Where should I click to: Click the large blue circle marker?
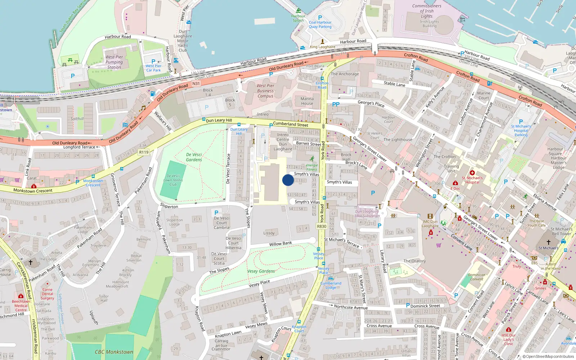click(288, 180)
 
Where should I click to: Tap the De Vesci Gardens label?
click(194, 157)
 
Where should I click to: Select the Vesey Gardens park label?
click(261, 271)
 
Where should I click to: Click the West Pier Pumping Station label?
click(114, 62)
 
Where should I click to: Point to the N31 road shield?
click(196, 84)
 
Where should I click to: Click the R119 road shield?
click(144, 152)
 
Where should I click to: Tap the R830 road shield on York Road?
click(321, 226)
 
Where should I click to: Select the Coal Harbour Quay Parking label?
click(320, 24)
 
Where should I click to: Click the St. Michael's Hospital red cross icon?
click(472, 173)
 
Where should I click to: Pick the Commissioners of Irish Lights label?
click(427, 11)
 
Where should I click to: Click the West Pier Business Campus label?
click(265, 91)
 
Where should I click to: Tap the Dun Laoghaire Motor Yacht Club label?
click(183, 41)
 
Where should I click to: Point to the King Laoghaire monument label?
click(323, 47)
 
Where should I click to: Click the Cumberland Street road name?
click(291, 124)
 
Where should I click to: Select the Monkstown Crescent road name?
click(33, 190)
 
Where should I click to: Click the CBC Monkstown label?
click(114, 352)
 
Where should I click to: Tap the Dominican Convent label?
click(477, 277)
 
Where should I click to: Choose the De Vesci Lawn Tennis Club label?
click(173, 180)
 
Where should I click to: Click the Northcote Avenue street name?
click(351, 307)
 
